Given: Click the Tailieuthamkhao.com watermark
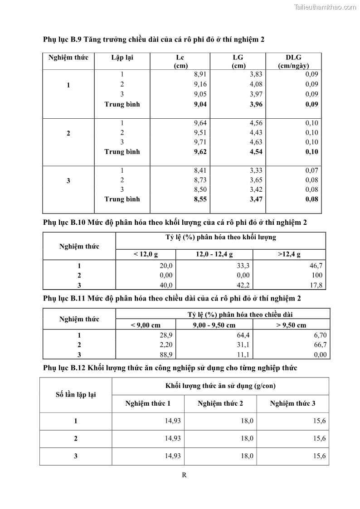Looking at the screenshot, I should click(325, 7).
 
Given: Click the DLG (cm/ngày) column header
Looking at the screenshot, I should click(293, 61).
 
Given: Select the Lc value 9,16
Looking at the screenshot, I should click(200, 84).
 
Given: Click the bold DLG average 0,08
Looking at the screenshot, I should click(311, 199).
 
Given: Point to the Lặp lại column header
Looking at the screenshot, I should click(122, 58).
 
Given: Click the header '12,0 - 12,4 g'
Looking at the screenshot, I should click(214, 255).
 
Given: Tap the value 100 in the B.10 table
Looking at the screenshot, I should click(317, 275).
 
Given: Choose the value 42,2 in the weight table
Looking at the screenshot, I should click(243, 285).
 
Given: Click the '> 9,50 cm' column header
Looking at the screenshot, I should click(291, 325).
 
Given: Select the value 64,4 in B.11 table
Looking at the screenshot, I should click(243, 335).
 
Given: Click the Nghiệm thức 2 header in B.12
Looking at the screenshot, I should click(220, 403).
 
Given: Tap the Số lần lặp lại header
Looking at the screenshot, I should click(75, 395).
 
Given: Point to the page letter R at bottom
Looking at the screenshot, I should click(184, 475).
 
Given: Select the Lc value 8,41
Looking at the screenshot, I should click(200, 170).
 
